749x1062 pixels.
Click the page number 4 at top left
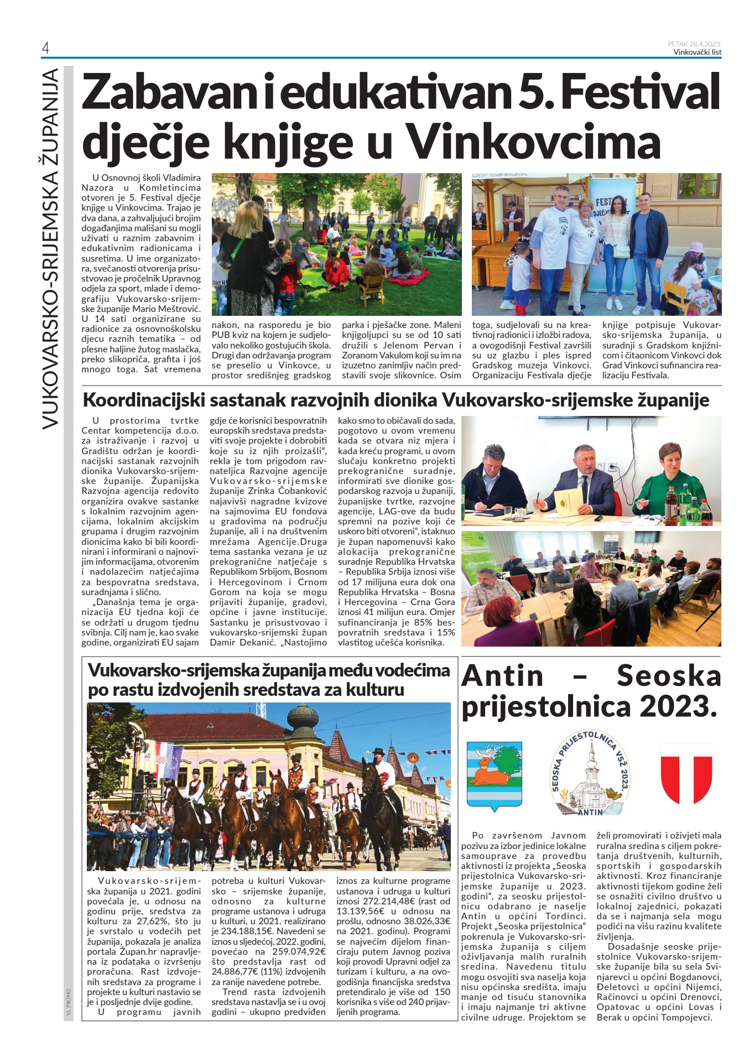point(45,48)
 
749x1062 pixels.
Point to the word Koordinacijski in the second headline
point(137,400)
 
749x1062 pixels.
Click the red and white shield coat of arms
point(686,773)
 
